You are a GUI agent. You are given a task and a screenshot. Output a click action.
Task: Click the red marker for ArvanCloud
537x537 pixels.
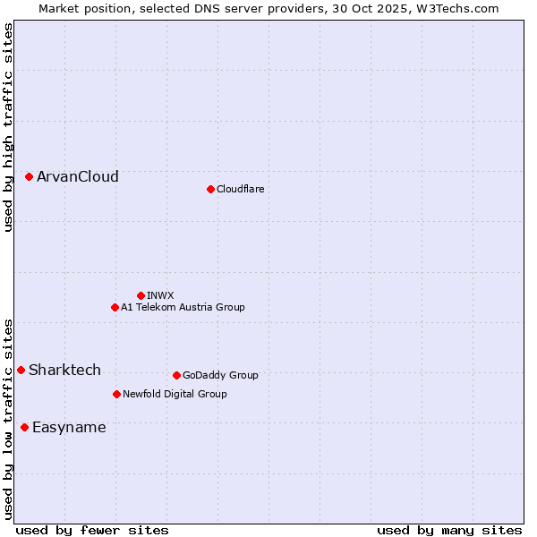pos(30,177)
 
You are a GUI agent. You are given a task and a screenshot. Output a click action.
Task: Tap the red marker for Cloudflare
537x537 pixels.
pos(210,189)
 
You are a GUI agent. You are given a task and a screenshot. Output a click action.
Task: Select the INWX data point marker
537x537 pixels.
pos(141,295)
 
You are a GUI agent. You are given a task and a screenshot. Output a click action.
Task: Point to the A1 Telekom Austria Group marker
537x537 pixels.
pos(115,307)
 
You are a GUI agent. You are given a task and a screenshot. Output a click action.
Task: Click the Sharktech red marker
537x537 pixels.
pos(21,370)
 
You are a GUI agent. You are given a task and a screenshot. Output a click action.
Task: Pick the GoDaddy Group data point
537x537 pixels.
pos(176,375)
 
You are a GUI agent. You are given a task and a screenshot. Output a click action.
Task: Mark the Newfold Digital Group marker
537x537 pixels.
pos(116,394)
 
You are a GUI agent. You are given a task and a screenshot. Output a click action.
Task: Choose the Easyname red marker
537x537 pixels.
pos(24,427)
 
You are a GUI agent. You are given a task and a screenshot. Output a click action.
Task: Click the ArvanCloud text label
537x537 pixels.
pos(78,177)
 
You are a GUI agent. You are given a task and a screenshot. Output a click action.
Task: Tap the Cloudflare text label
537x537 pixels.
pos(241,189)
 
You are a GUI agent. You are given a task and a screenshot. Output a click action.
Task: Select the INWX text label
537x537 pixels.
pos(160,295)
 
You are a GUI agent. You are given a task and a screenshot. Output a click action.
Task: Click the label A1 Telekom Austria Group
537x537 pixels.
pos(183,307)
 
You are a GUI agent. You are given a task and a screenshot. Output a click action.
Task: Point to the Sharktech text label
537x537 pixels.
pos(64,370)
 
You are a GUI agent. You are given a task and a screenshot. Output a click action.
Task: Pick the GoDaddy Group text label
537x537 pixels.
pos(220,375)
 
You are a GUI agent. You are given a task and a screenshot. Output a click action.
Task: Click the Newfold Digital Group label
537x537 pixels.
pos(175,394)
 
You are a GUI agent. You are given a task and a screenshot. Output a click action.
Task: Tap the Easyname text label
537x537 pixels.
pos(69,427)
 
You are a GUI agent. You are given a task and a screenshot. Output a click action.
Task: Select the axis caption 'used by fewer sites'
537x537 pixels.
pos(91,530)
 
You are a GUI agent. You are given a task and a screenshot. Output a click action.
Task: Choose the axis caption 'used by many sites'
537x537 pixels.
pos(449,530)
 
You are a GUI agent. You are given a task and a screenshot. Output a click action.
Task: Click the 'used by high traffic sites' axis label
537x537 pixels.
pos(9,127)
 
